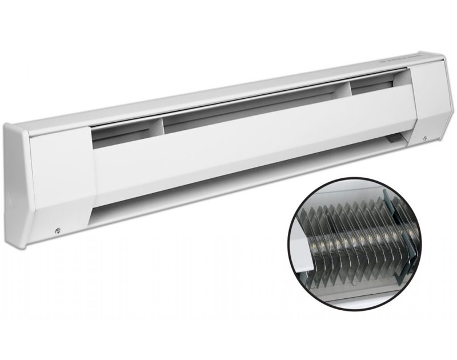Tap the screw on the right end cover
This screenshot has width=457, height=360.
425,137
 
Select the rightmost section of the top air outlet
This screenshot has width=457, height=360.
377,83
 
